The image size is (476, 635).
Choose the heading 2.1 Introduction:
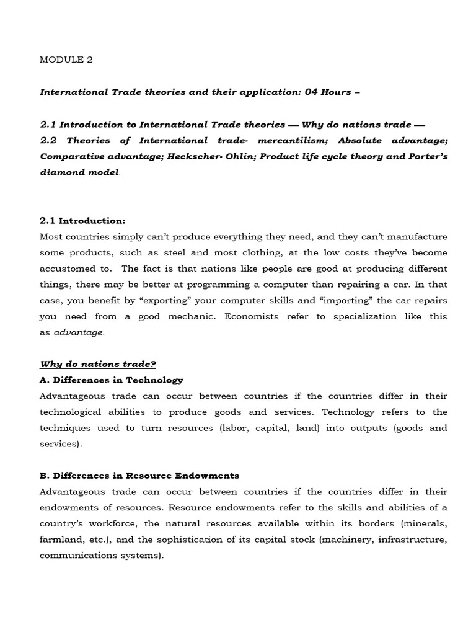82,221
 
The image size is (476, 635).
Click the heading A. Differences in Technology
112,380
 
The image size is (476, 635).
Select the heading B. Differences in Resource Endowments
139,476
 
